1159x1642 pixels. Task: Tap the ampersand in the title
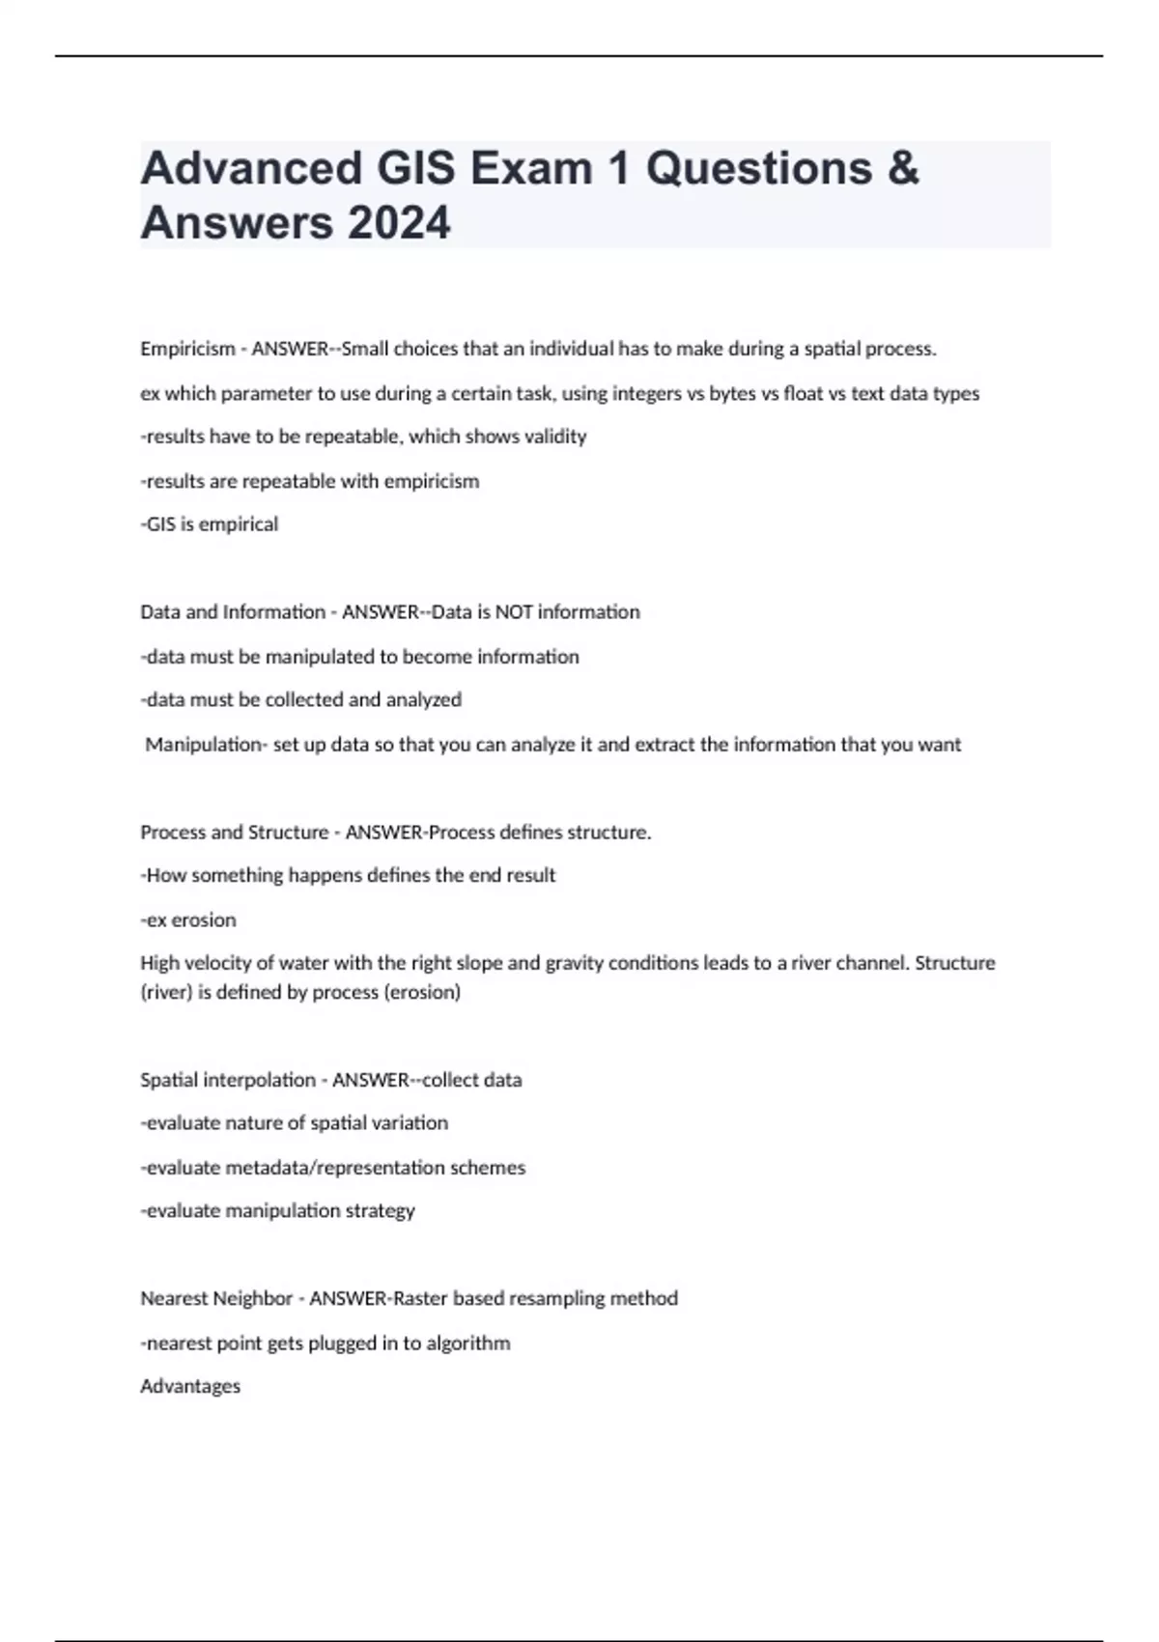[x=900, y=168]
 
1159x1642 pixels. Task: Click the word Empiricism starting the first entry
[x=187, y=349]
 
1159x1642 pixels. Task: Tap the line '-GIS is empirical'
[x=210, y=524]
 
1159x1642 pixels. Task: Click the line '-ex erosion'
[x=188, y=920]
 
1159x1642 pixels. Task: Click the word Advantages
[x=190, y=1386]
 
